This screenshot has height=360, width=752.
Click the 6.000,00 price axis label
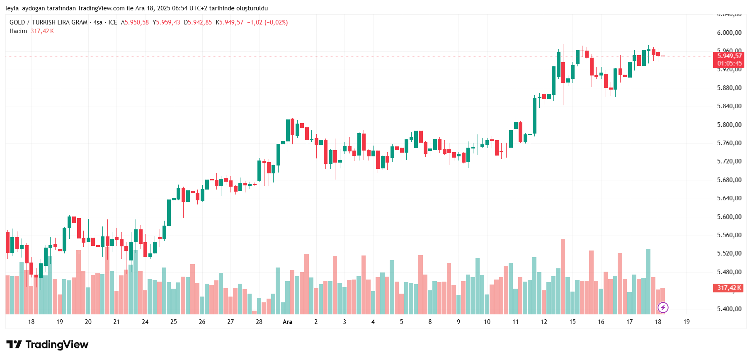729,33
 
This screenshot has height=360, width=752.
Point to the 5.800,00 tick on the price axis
729,124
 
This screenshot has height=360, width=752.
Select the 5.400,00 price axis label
729,309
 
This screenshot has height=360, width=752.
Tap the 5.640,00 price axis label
729,198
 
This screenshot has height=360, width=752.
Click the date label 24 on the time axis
145,322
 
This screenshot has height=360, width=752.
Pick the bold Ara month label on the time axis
287,322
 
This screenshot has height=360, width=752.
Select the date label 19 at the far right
687,322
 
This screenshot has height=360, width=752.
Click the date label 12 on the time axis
544,322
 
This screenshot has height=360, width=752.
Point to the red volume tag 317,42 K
729,288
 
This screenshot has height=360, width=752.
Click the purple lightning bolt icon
663,307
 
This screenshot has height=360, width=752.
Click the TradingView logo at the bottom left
48,345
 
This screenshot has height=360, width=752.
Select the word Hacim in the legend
18,31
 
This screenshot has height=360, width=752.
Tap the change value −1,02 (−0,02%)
267,22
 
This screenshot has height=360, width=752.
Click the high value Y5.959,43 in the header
166,22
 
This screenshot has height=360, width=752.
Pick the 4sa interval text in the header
98,22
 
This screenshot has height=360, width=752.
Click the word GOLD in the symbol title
17,22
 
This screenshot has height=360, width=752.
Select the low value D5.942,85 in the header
198,22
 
